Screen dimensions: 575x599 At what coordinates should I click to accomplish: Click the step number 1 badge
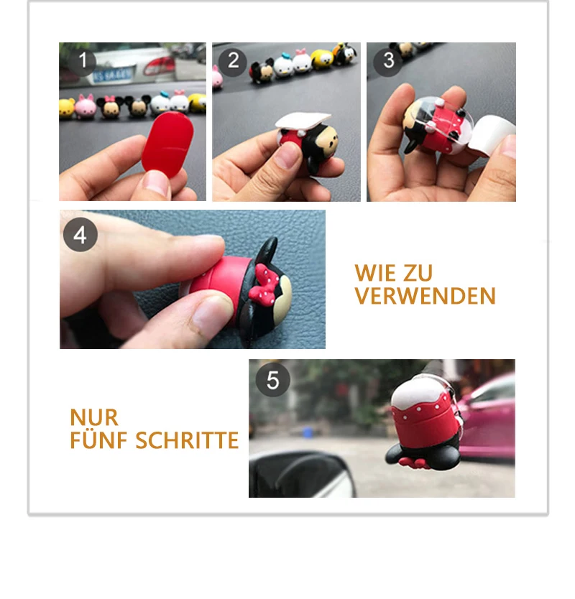(x=83, y=60)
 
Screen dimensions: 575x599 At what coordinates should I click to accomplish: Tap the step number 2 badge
(x=233, y=61)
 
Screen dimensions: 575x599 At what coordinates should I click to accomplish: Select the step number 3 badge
(x=388, y=61)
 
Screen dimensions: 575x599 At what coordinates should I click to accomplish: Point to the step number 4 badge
(x=80, y=235)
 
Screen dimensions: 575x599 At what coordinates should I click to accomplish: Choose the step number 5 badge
(x=272, y=380)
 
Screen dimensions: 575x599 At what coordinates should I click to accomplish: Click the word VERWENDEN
(x=425, y=296)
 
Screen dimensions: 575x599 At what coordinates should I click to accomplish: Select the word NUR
(x=94, y=417)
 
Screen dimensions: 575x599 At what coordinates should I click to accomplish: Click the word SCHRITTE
(x=187, y=440)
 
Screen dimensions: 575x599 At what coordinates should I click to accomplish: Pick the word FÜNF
(x=98, y=440)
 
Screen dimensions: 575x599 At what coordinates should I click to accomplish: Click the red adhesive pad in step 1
(x=167, y=144)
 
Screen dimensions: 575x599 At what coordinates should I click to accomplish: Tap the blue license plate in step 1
(x=112, y=75)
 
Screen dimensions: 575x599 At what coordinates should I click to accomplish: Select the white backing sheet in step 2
(x=303, y=120)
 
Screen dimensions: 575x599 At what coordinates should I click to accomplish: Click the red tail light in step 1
(x=159, y=65)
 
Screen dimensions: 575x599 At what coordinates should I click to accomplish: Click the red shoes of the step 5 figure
(x=414, y=463)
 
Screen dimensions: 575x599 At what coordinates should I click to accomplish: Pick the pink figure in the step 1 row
(x=86, y=106)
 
